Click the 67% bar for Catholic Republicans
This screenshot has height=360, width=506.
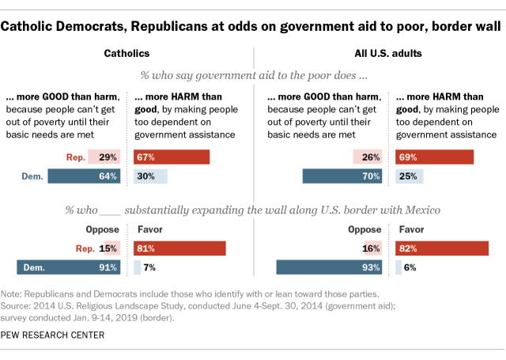172,157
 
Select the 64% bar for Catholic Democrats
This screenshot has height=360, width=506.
84,176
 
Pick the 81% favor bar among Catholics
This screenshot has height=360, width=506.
180,248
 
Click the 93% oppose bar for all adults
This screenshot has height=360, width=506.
328,267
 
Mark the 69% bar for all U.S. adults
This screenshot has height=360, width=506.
434,157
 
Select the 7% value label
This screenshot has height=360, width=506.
149,267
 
